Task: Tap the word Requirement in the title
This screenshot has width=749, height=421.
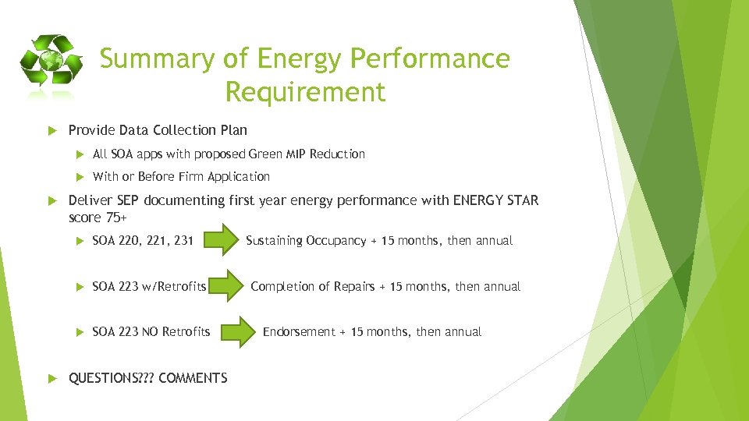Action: point(305,92)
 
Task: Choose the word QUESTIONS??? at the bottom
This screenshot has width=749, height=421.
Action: point(111,378)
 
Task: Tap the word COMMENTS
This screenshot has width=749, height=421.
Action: point(193,378)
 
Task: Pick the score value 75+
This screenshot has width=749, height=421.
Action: point(114,218)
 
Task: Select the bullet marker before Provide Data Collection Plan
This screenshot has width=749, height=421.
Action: point(54,130)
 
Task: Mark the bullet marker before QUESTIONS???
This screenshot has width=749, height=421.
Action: point(54,378)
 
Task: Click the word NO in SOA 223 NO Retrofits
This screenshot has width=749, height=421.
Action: point(151,332)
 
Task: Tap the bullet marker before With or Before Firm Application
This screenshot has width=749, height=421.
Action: point(78,177)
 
